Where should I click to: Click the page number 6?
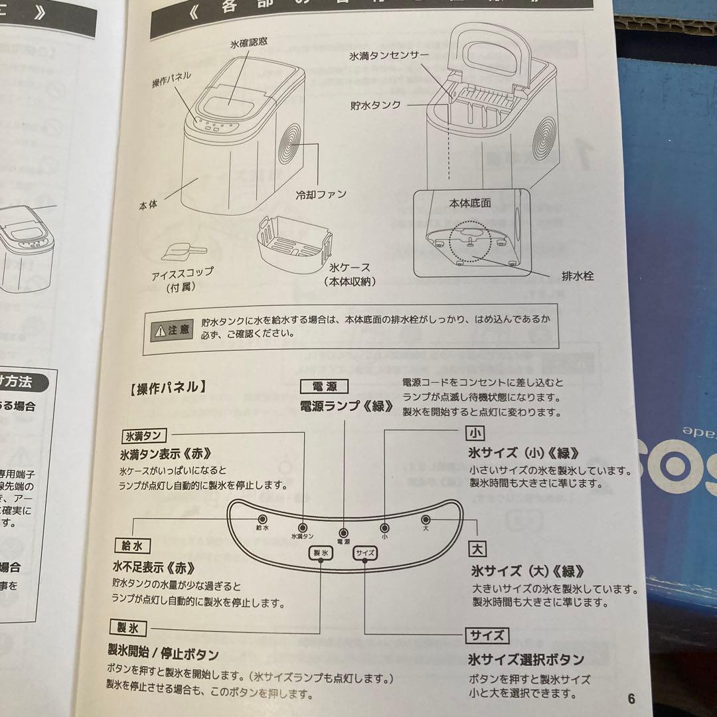coord(631,698)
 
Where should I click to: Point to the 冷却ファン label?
coord(321,195)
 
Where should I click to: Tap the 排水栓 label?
coord(577,276)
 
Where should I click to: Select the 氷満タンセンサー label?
coord(389,57)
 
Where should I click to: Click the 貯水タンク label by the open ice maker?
coord(376,105)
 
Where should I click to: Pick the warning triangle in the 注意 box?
coord(160,329)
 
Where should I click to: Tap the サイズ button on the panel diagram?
coord(365,552)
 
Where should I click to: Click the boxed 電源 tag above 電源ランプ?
coord(324,386)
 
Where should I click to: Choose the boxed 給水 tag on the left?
coord(131,546)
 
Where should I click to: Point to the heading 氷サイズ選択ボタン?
coord(526,659)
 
